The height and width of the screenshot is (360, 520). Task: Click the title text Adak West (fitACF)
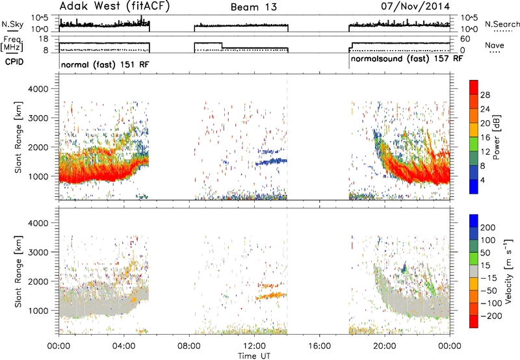[x=114, y=6]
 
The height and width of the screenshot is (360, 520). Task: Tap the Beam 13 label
[x=253, y=7]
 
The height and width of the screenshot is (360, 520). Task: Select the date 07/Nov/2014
[x=415, y=6]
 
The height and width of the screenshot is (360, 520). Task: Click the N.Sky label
[x=12, y=24]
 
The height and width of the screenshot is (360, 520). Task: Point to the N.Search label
[x=502, y=24]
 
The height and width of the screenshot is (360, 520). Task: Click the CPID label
[x=14, y=62]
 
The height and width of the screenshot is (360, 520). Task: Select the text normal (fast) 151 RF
[x=105, y=64]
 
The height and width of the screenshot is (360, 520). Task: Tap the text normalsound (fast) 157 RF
[x=407, y=58]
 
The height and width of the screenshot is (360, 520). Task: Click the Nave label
[x=495, y=45]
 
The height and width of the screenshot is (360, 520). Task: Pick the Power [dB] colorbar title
[x=496, y=137]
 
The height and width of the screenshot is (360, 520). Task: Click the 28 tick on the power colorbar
[x=485, y=95]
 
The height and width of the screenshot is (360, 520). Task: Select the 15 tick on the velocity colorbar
[x=484, y=266]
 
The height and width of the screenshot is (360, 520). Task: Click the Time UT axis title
[x=254, y=355]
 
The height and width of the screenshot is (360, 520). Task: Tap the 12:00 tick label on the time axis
[x=254, y=346]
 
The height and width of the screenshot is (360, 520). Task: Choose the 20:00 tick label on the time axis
[x=385, y=346]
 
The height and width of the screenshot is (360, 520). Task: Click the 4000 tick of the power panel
[x=38, y=89]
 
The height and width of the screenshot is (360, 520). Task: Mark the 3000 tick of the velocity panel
[x=38, y=252]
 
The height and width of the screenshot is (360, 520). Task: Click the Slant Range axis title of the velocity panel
[x=18, y=272]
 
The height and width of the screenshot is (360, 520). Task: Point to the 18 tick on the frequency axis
[x=44, y=39]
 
